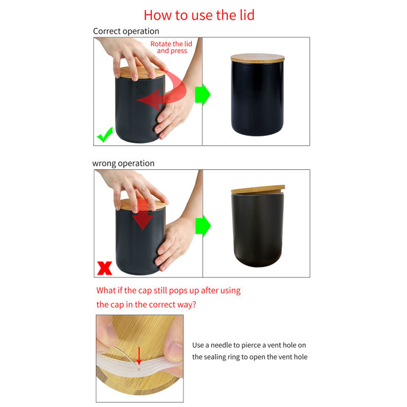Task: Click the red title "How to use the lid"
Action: click(199, 15)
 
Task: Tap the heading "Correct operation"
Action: click(126, 31)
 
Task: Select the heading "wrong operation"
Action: click(123, 163)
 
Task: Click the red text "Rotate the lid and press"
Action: click(171, 47)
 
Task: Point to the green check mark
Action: click(105, 135)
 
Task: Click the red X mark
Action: click(105, 268)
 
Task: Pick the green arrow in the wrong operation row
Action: click(203, 226)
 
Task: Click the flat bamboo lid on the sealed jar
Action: click(257, 58)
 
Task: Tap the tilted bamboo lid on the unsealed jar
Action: click(258, 190)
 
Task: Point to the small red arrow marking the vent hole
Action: click(139, 356)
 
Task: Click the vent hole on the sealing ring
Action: click(139, 369)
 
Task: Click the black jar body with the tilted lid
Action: click(258, 230)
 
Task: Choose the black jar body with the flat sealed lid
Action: click(257, 98)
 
